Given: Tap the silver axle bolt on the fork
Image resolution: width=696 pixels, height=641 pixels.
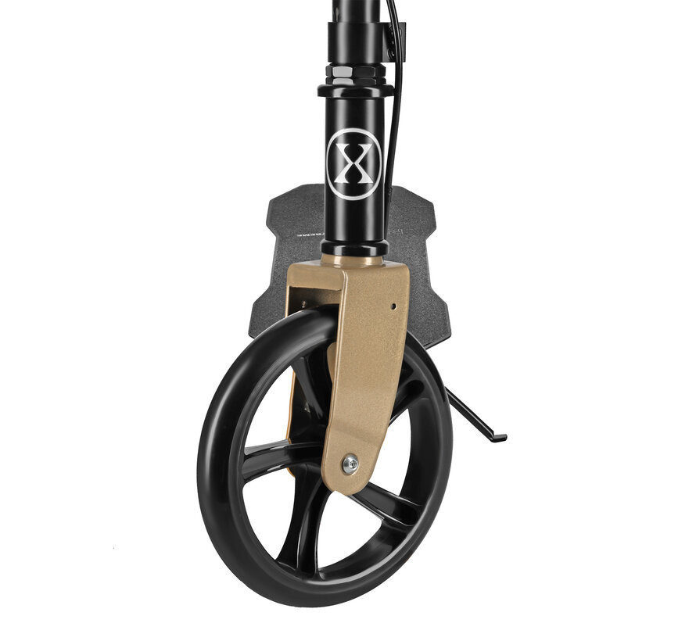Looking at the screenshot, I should pos(351,464).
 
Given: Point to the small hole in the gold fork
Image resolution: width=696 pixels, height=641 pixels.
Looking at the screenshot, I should pos(393,306).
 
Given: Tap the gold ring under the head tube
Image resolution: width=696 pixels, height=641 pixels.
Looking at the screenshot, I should pos(353,257).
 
